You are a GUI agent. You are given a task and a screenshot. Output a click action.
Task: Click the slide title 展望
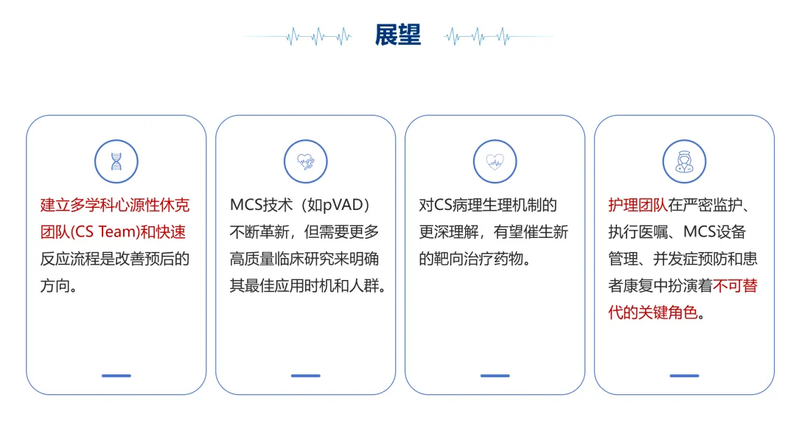pyautogui.click(x=398, y=34)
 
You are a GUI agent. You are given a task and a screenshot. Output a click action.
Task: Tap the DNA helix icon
pyautogui.click(x=116, y=161)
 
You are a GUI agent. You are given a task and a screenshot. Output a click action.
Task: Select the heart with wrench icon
pyautogui.click(x=306, y=161)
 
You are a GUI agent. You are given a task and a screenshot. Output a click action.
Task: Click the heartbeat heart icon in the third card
pyautogui.click(x=495, y=161)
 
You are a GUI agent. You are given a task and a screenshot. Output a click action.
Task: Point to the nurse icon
pyautogui.click(x=684, y=161)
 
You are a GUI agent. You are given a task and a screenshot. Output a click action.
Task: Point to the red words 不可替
pyautogui.click(x=733, y=285)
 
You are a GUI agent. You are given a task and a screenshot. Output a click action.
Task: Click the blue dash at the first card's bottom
pyautogui.click(x=116, y=376)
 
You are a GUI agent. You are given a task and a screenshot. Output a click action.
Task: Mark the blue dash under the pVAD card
pyautogui.click(x=306, y=376)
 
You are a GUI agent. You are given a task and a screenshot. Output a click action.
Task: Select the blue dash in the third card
pyautogui.click(x=495, y=376)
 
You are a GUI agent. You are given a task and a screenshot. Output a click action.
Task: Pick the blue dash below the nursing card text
pyautogui.click(x=684, y=376)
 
